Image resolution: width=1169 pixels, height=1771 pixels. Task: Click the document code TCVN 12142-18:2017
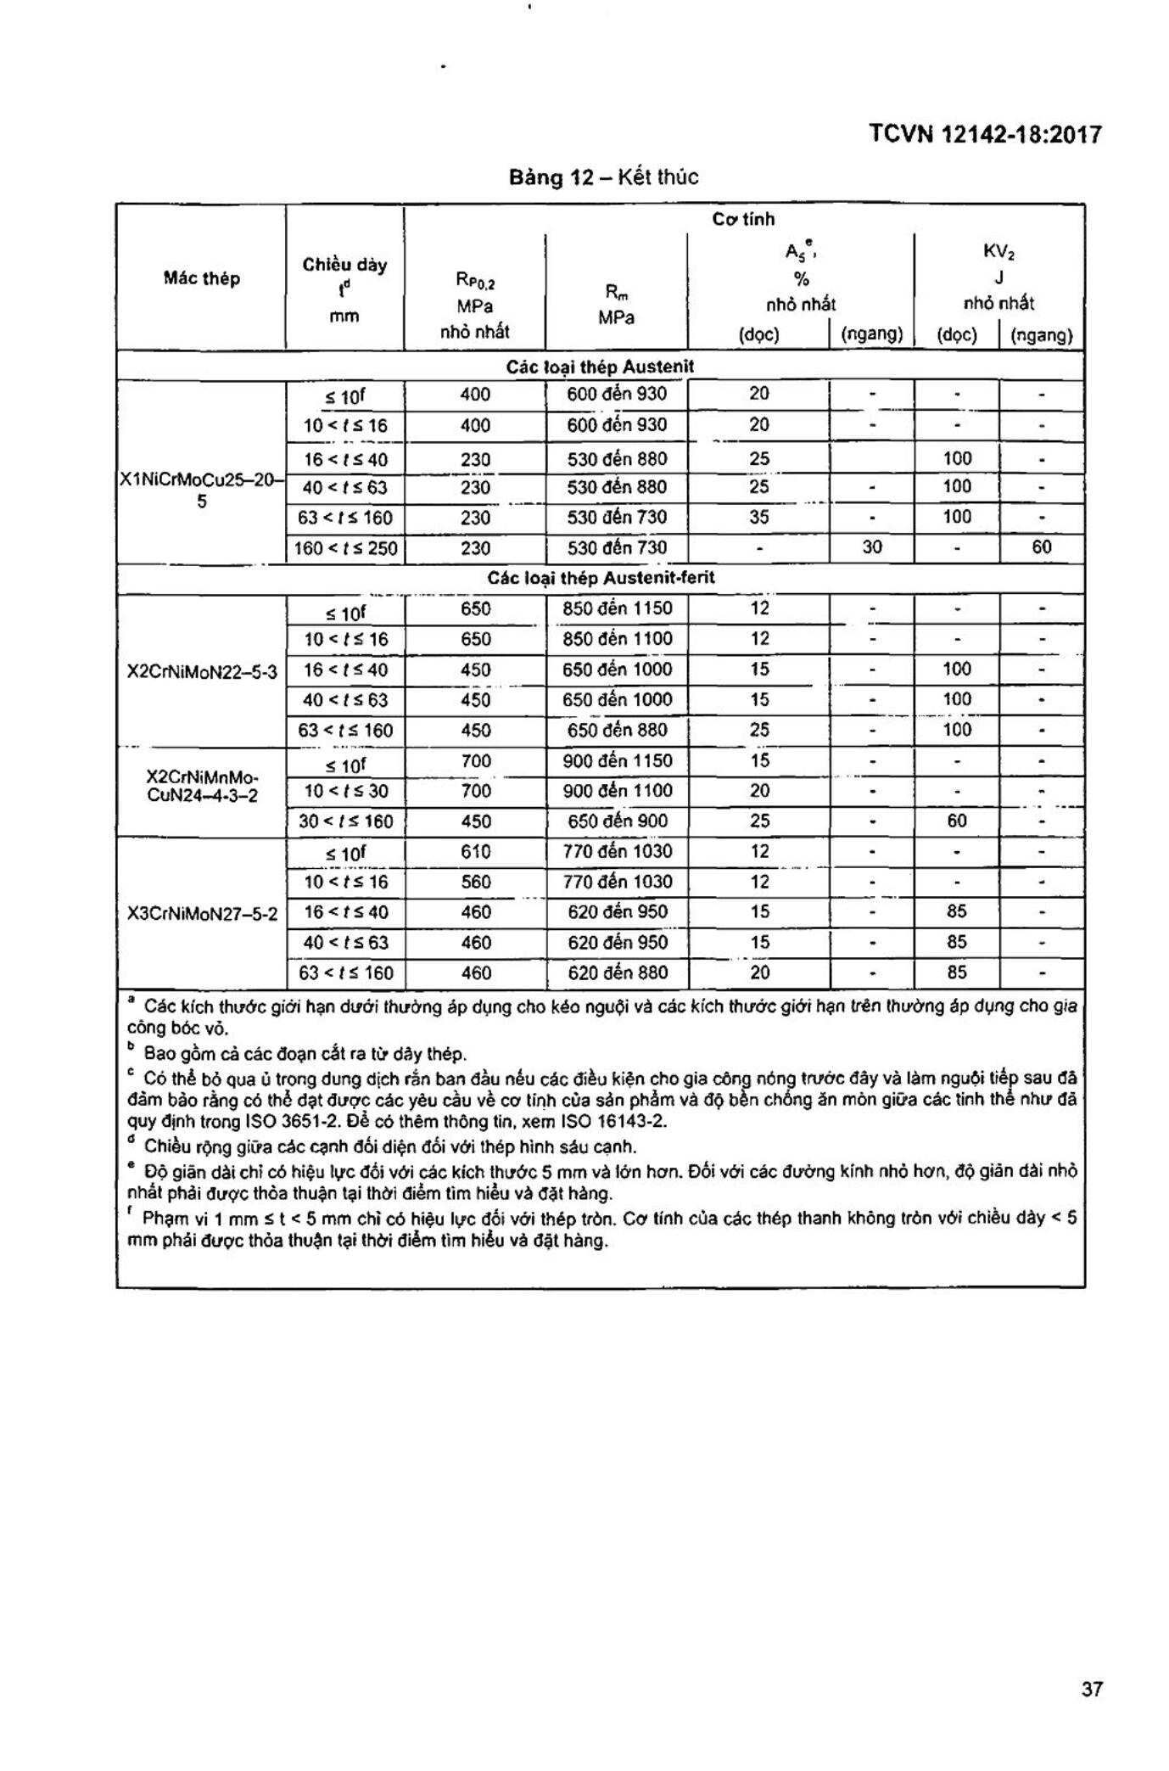point(985,135)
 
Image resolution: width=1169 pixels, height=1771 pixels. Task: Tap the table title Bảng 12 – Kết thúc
point(603,177)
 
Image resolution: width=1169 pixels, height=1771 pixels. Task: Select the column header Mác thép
point(202,278)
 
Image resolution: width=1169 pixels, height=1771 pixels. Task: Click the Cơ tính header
point(743,220)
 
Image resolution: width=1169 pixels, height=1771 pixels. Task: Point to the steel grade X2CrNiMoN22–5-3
point(202,671)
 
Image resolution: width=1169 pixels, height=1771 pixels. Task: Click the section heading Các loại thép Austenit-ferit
point(601,578)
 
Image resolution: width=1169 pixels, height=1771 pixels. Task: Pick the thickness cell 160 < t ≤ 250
point(345,548)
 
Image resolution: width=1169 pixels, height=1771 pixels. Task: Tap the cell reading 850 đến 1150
point(617,608)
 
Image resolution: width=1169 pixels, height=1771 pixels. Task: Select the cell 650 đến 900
point(617,821)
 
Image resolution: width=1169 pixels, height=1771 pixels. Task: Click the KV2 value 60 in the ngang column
point(1041,547)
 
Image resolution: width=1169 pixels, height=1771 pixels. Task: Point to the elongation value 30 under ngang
point(872,547)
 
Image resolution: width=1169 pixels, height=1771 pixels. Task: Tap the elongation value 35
point(759,517)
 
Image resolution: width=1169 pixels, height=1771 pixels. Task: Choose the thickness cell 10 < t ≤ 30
point(345,791)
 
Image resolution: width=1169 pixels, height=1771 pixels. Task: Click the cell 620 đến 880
point(617,973)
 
